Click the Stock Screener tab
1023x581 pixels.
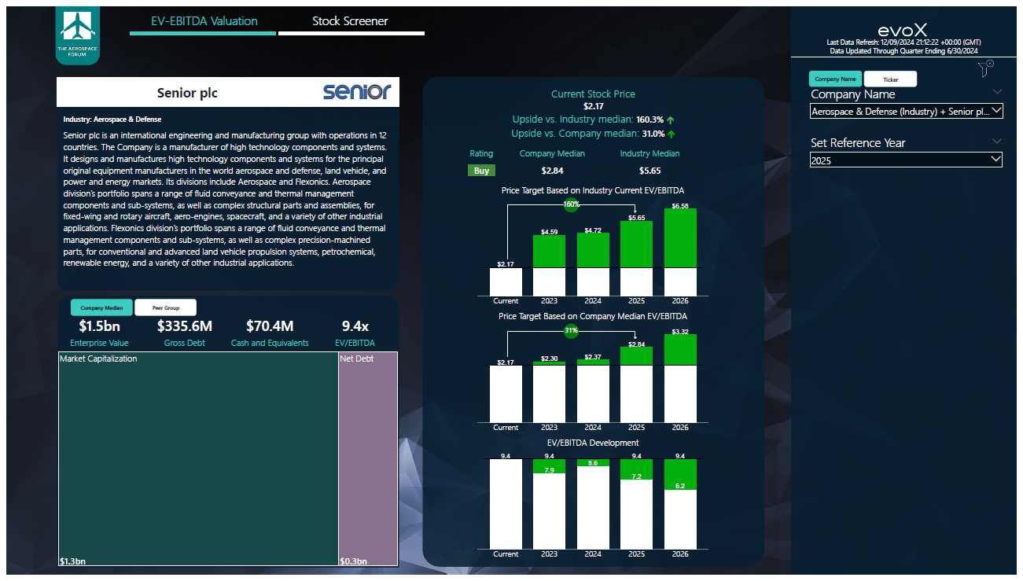[350, 21]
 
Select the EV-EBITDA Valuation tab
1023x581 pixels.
[204, 21]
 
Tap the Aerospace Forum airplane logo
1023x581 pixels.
[78, 35]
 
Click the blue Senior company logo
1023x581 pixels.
[356, 92]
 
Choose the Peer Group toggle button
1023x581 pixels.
[165, 308]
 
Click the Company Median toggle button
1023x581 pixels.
[101, 308]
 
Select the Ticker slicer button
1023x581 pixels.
[890, 79]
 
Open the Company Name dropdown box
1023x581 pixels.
[906, 112]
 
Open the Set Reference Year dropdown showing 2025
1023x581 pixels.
[906, 160]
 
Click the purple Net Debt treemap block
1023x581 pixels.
[367, 458]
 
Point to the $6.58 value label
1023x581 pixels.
[680, 206]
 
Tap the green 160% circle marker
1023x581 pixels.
[571, 205]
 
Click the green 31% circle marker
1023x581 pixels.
[571, 331]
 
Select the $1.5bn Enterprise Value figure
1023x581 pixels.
[99, 326]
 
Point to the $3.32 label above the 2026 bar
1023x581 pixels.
[680, 332]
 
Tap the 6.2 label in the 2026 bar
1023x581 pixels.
[680, 486]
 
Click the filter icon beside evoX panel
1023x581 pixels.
[986, 69]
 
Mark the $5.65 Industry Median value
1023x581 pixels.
[649, 171]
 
